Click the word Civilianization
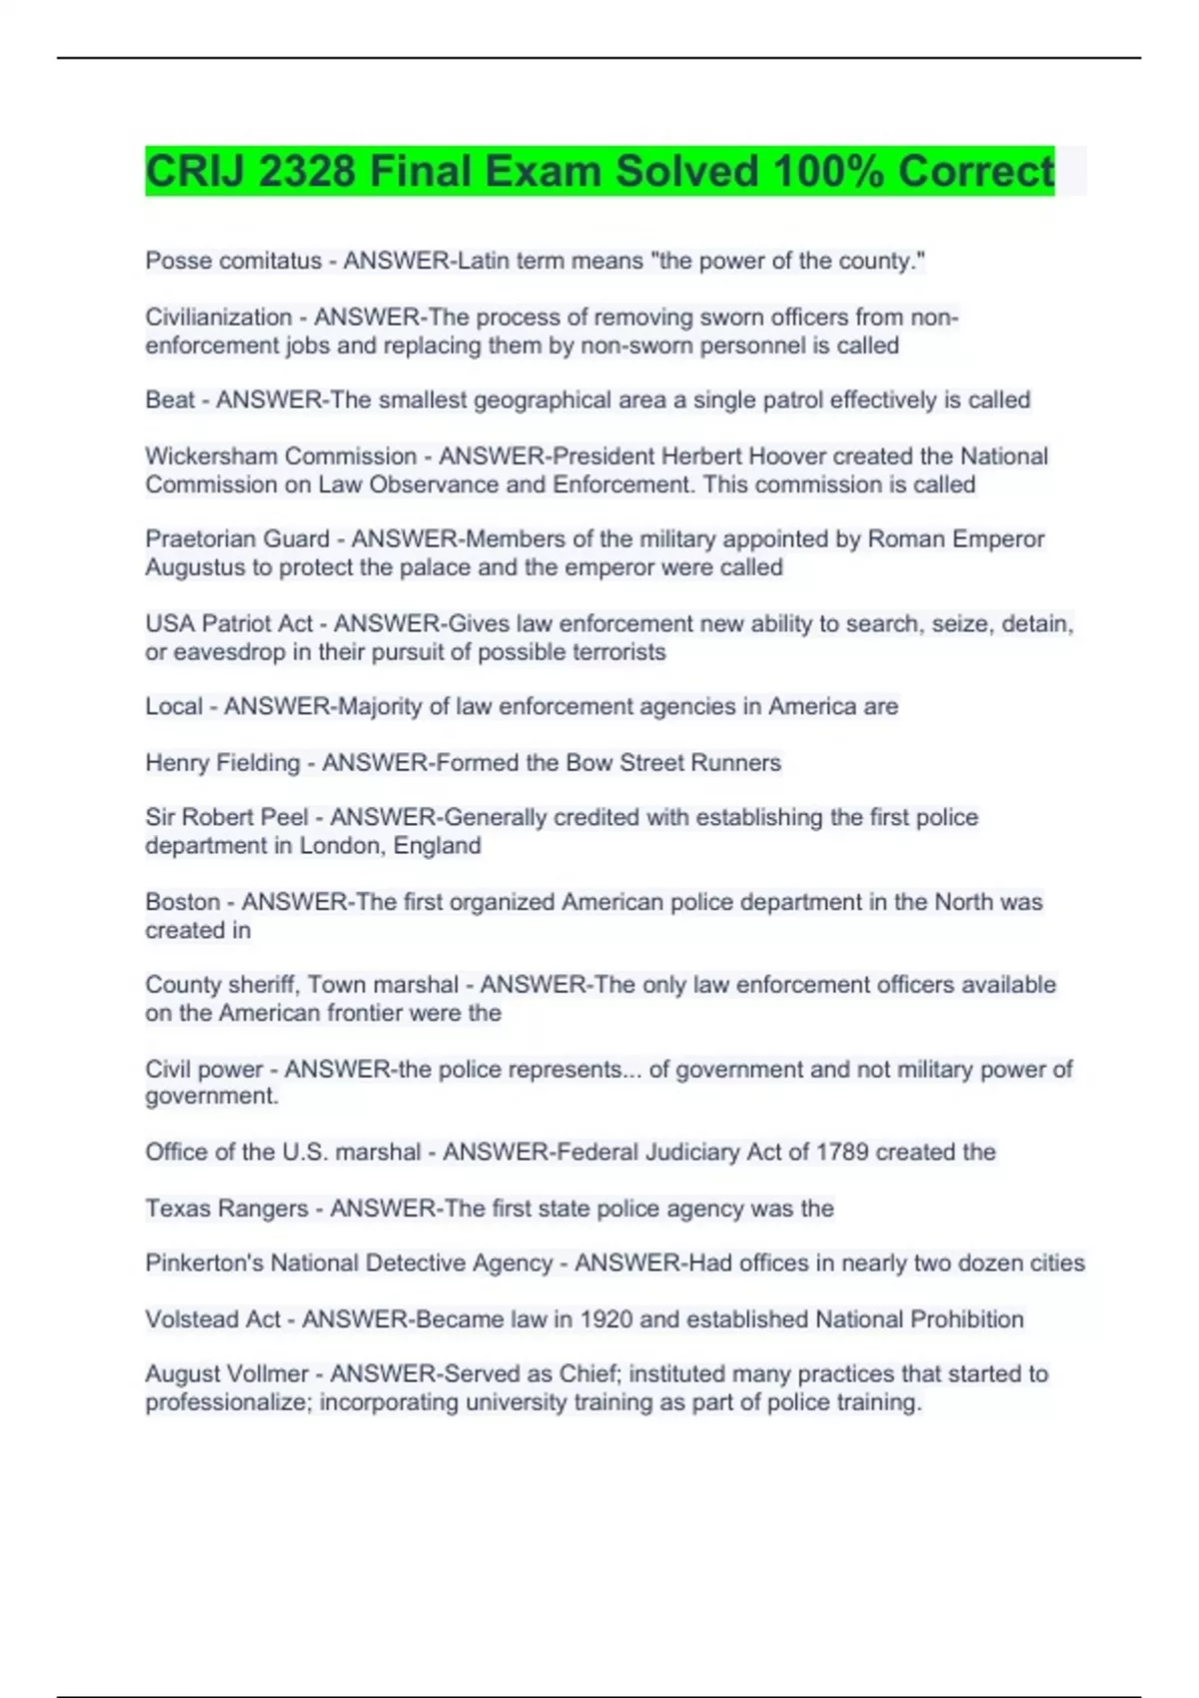[x=219, y=318]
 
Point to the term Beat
[x=170, y=401]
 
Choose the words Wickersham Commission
[x=281, y=456]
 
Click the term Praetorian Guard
[x=237, y=539]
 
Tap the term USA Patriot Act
[x=229, y=624]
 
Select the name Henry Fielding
[x=222, y=763]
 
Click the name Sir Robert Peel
[x=227, y=817]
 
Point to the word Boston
[x=183, y=902]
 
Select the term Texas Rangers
[x=227, y=1209]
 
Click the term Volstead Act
[x=213, y=1319]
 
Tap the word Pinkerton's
[x=205, y=1264]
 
